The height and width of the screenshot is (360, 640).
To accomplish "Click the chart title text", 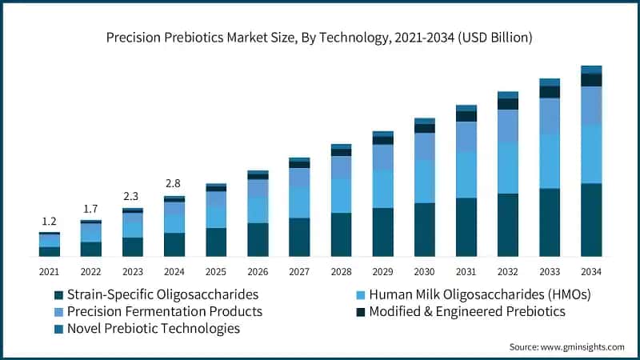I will coord(320,38).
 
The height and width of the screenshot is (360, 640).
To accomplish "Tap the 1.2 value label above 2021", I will coord(49,221).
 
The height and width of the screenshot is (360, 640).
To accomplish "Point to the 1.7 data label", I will coord(90,209).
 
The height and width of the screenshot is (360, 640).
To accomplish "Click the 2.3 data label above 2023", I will coord(132,196).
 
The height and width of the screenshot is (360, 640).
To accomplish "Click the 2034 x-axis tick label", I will coord(591,272).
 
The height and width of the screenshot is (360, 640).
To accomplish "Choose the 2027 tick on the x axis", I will coord(299,272).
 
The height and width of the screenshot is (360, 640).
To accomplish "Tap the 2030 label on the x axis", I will coord(424,272).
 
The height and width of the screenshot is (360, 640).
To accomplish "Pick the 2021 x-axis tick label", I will coord(49,272).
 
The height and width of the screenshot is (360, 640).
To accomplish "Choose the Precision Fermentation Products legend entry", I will coord(164,311).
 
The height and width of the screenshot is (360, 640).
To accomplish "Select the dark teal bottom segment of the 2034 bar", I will coord(591,220).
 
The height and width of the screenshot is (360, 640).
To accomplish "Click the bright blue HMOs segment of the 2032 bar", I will coord(508,168).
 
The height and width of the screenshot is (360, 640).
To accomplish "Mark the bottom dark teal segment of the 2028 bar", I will coord(341,234).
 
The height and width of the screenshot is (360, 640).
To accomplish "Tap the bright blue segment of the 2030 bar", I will coord(424,182).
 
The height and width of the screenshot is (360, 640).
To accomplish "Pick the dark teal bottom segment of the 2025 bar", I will coord(216,242).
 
